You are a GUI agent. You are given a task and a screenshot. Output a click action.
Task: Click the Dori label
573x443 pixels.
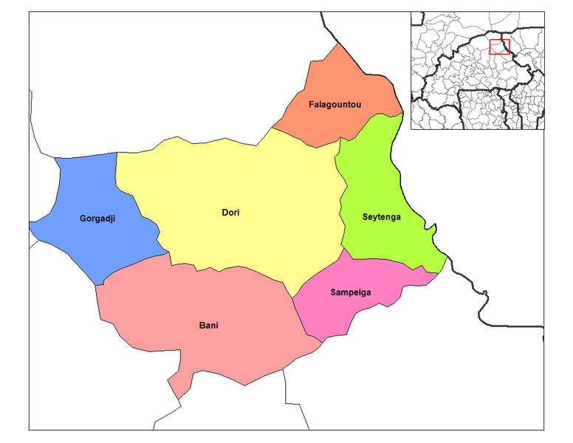coord(230,213)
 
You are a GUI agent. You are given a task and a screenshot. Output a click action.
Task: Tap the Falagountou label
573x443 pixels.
coord(334,105)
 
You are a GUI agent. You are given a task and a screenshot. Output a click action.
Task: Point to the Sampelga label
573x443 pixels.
coord(350,292)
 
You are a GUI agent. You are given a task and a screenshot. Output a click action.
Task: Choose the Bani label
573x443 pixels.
coord(208,325)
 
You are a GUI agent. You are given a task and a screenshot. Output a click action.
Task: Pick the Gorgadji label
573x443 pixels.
coord(97,219)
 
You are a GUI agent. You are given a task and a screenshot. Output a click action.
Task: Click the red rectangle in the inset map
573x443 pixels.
coord(500,47)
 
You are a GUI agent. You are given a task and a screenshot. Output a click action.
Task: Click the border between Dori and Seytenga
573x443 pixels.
coord(342,207)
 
